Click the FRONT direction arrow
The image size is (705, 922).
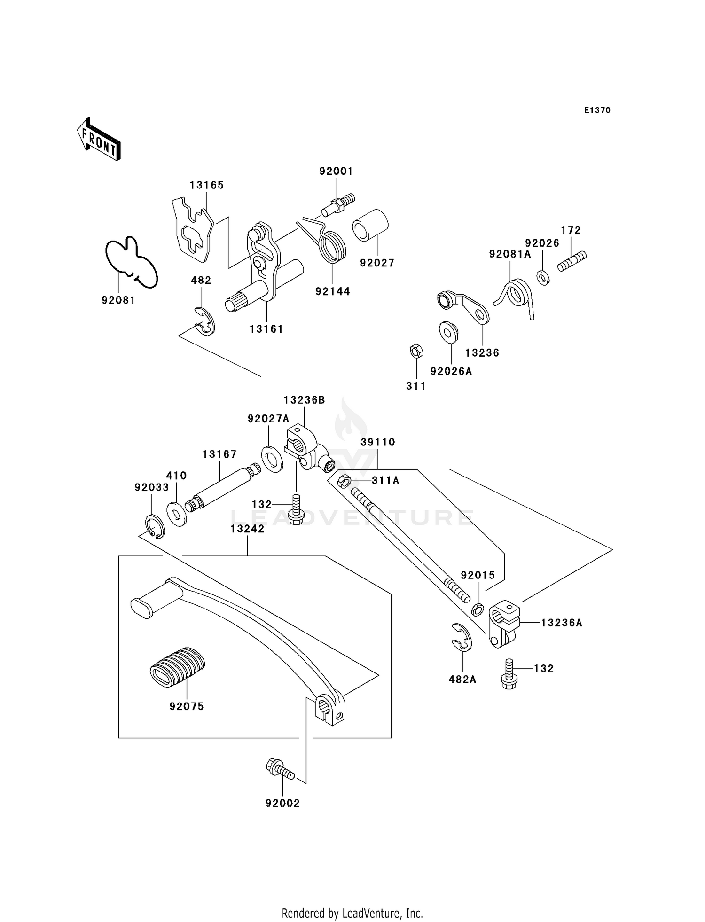(99, 140)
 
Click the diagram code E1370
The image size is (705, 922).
(597, 110)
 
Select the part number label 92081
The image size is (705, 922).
(118, 300)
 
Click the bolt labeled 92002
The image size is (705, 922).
(280, 769)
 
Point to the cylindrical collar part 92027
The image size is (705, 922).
(370, 226)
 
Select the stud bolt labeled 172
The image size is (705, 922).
(572, 261)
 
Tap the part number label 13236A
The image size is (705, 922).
(562, 623)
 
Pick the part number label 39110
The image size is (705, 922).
(378, 442)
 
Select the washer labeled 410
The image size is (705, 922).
(177, 514)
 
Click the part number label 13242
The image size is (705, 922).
(247, 529)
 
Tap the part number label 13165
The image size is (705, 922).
(207, 185)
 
